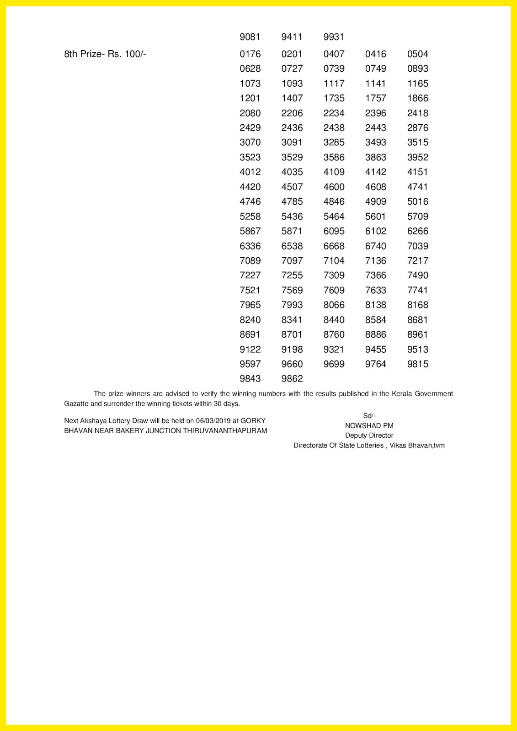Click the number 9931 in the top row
click(x=334, y=37)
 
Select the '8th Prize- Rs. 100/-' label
click(x=105, y=54)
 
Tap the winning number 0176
click(x=250, y=54)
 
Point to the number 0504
click(x=418, y=54)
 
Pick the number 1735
click(x=334, y=98)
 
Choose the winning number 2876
click(x=418, y=128)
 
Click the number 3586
click(x=334, y=157)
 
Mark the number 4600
click(x=334, y=187)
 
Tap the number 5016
click(x=418, y=201)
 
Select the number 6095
click(x=334, y=231)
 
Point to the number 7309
click(x=334, y=275)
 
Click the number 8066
click(x=334, y=305)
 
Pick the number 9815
click(x=418, y=364)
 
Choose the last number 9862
click(x=292, y=379)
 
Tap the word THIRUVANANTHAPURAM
click(x=225, y=431)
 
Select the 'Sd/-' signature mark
click(x=369, y=416)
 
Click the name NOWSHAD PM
click(x=369, y=426)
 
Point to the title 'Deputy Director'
click(x=369, y=435)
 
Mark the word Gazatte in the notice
click(x=76, y=404)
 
